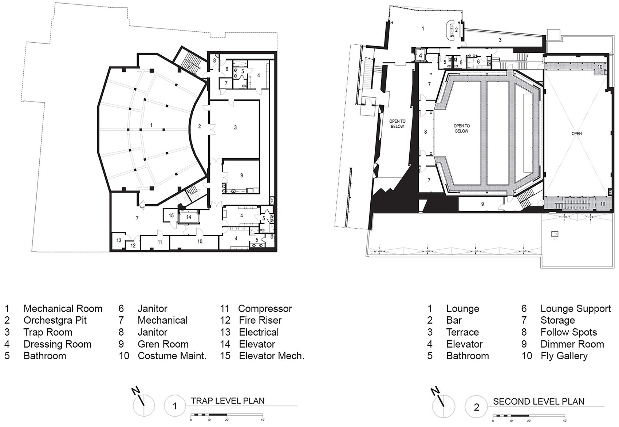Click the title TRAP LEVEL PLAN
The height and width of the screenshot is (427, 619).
pyautogui.click(x=228, y=401)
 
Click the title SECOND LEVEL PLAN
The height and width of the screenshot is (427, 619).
pyautogui.click(x=538, y=402)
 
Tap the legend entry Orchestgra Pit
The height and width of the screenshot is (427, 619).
pyautogui.click(x=55, y=320)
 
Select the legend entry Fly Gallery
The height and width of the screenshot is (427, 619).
pyautogui.click(x=564, y=356)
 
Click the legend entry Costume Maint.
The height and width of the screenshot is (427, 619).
pyautogui.click(x=172, y=356)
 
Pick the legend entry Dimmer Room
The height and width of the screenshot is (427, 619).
pyautogui.click(x=572, y=344)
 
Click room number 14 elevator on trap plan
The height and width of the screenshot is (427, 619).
pyautogui.click(x=189, y=217)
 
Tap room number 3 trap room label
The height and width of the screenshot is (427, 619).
pyautogui.click(x=235, y=127)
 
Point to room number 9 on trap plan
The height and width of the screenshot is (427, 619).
pyautogui.click(x=241, y=175)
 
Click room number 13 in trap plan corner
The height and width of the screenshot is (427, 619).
pyautogui.click(x=119, y=241)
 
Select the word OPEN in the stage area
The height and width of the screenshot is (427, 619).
pyautogui.click(x=576, y=134)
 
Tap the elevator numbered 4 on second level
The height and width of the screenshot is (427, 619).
pyautogui.click(x=420, y=56)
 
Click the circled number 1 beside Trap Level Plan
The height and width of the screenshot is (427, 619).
pyautogui.click(x=175, y=406)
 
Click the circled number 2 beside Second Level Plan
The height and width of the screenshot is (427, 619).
pyautogui.click(x=476, y=407)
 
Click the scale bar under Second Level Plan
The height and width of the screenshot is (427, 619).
pyautogui.click(x=528, y=415)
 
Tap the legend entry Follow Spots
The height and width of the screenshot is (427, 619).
pyautogui.click(x=568, y=332)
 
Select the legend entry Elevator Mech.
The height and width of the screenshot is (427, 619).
pyautogui.click(x=271, y=356)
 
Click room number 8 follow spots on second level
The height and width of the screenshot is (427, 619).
pyautogui.click(x=425, y=132)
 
